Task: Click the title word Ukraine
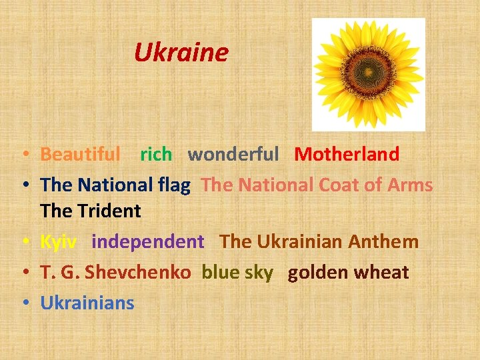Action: point(181,52)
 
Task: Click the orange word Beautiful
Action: point(81,155)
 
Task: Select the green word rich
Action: point(156,155)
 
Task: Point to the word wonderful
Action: point(233,155)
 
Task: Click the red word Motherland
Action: point(347,155)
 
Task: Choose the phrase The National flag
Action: point(115,185)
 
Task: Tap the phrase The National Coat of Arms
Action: point(317,185)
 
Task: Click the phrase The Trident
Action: point(91,211)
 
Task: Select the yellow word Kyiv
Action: point(58,242)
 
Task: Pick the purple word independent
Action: point(148,241)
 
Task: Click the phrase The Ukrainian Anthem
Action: point(319,241)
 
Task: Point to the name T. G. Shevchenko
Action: point(115,272)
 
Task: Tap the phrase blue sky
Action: point(237,272)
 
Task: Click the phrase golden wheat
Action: point(348,272)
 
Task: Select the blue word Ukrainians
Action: point(87,303)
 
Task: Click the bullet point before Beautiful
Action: point(24,155)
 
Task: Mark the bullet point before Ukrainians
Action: point(24,303)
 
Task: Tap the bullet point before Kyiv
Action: point(24,242)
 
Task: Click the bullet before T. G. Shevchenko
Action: point(24,273)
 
